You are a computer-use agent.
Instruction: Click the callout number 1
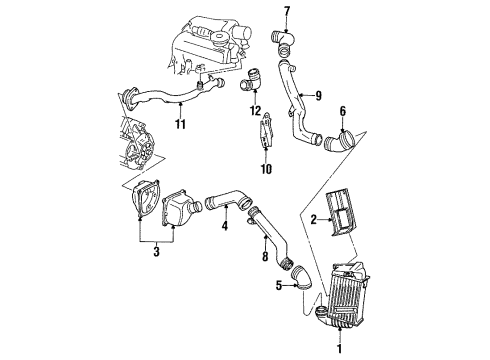(339, 349)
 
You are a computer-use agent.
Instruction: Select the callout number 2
(313, 220)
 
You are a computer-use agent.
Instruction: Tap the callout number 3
(156, 251)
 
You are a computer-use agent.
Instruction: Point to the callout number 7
(287, 12)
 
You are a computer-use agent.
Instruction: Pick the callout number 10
(266, 169)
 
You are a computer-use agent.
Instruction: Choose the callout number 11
(180, 124)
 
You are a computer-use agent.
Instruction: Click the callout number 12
(256, 111)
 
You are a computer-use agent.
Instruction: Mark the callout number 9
(318, 96)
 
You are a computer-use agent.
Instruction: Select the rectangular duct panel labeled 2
(341, 212)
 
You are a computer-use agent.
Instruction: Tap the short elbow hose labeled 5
(302, 280)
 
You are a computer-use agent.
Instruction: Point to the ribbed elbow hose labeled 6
(337, 142)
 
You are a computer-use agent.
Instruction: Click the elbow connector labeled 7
(283, 42)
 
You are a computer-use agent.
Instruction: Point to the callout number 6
(343, 111)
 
